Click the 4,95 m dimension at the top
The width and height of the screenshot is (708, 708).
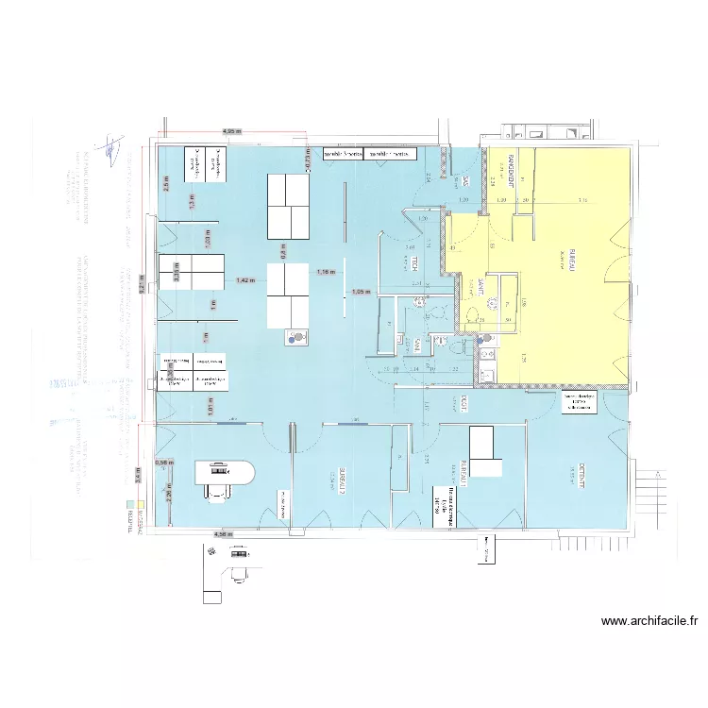[x=232, y=131]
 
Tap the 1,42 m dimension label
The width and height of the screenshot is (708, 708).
[x=244, y=280]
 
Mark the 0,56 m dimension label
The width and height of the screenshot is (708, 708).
[x=164, y=463]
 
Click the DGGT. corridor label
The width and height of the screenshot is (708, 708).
[x=464, y=403]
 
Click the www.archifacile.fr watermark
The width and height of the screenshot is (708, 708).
[x=650, y=621]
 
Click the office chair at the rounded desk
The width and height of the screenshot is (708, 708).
[x=219, y=488]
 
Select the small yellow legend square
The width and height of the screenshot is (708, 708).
[x=139, y=505]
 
